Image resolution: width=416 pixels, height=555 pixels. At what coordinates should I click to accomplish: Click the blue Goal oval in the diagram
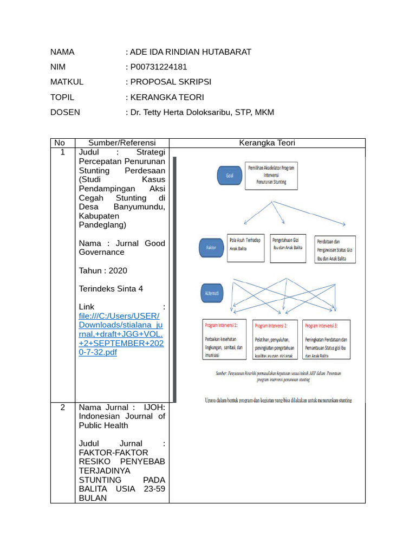(229, 176)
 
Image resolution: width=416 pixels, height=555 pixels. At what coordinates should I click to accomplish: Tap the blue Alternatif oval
(212, 292)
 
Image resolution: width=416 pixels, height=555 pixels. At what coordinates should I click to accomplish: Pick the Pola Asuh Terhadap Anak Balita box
(245, 248)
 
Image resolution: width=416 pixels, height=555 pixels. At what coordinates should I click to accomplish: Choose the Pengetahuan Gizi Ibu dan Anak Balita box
(289, 248)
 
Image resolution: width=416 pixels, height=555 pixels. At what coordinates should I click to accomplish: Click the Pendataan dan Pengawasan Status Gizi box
(335, 249)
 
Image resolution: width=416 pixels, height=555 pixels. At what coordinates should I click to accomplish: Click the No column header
(62, 143)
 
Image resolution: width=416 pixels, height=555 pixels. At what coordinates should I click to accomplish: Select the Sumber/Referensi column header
(122, 143)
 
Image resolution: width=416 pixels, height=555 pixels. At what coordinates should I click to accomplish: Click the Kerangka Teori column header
(267, 143)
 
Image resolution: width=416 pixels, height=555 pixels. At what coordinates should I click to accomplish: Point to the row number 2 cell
(62, 408)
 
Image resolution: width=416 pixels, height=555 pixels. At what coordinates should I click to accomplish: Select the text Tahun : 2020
(103, 270)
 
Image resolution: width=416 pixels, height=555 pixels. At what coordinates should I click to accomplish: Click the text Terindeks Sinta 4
(111, 289)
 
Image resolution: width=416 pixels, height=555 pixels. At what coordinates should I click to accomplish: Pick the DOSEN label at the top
(65, 112)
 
